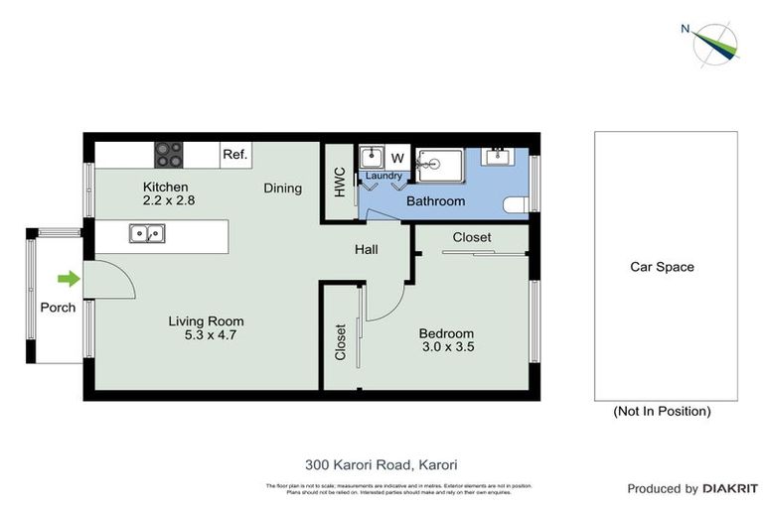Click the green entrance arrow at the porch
click(x=68, y=279)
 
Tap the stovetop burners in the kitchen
click(x=168, y=155)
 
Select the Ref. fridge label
click(x=234, y=155)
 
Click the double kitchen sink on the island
click(x=147, y=234)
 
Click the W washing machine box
click(x=397, y=158)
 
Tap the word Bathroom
click(x=435, y=201)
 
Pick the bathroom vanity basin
click(x=496, y=156)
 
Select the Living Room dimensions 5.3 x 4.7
click(x=206, y=335)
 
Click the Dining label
click(x=282, y=188)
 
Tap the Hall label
click(x=367, y=250)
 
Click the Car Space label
click(x=662, y=267)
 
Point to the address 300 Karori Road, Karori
click(x=381, y=464)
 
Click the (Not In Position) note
click(x=662, y=411)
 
